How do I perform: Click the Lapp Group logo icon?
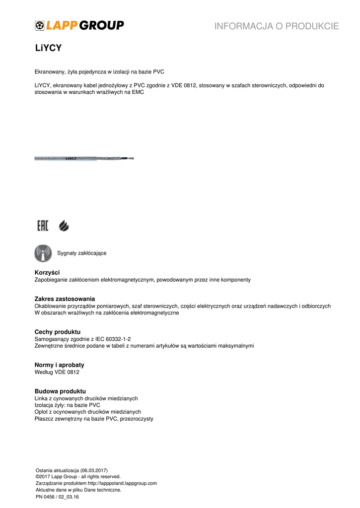[40, 25]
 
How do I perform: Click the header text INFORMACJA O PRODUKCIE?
[277, 26]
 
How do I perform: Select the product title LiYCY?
[48, 48]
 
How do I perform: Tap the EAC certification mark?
[43, 226]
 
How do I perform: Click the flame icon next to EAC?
[64, 226]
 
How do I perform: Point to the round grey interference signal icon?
[43, 253]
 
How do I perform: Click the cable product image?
[84, 158]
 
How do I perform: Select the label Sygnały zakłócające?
[82, 253]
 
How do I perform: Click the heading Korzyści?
[47, 272]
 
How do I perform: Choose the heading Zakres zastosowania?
[65, 299]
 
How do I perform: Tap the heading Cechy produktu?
[57, 331]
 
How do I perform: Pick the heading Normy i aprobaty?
[59, 365]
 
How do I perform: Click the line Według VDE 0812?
[57, 372]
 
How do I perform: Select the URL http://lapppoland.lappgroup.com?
[122, 483]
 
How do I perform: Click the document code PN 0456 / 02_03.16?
[57, 496]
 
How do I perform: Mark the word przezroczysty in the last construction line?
[137, 419]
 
